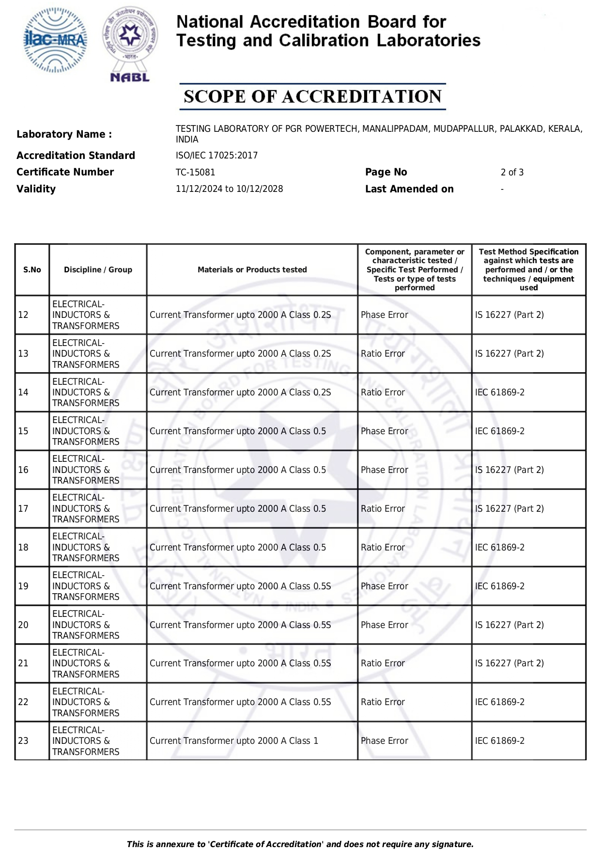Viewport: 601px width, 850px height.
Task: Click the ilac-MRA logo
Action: coord(56,40)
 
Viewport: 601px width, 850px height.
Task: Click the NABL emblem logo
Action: coord(130,44)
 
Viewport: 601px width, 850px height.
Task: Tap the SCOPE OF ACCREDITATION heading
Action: coord(312,96)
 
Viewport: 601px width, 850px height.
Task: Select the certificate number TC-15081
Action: coord(195,173)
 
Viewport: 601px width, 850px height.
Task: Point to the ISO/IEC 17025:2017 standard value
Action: coord(216,156)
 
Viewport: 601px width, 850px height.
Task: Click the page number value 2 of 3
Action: coord(512,173)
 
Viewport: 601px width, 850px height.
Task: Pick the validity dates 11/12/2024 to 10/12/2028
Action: coord(229,189)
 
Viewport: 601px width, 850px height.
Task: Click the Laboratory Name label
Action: coord(64,134)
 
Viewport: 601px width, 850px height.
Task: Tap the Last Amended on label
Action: coord(409,189)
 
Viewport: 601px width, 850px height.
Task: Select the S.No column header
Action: coord(32,270)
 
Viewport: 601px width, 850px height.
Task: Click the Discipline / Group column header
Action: coord(98,270)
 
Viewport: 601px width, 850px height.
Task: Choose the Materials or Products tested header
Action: coord(252,270)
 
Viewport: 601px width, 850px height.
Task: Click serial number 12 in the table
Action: coord(23,315)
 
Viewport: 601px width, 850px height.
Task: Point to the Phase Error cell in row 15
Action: coord(385,431)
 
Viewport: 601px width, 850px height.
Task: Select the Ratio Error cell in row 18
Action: coord(383,548)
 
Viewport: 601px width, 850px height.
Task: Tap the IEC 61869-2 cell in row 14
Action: coord(500,393)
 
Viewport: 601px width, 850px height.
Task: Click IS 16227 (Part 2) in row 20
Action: coord(509,625)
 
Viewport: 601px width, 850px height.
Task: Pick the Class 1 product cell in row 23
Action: coord(234,741)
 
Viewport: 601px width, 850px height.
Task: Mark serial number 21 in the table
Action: coord(23,663)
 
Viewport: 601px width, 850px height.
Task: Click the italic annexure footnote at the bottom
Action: coord(300,844)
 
